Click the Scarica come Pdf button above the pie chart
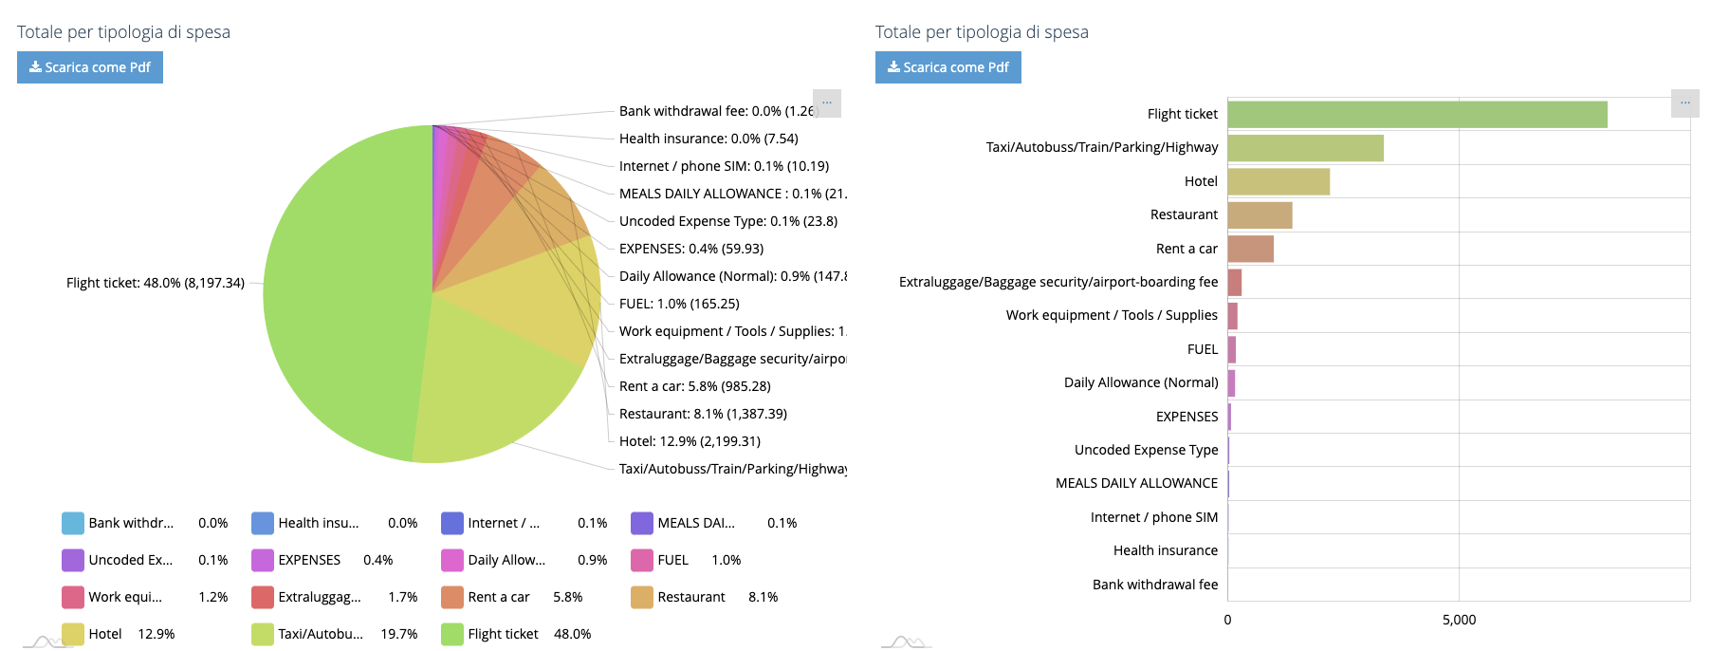coord(90,67)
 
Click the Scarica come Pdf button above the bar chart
coord(947,67)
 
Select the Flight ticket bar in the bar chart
coord(1417,115)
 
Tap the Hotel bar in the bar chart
coord(1279,181)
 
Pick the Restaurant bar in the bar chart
coord(1260,215)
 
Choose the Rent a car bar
coord(1250,249)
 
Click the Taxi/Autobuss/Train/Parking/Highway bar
coord(1305,148)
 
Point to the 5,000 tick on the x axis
coord(1459,620)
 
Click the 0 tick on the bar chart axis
coord(1227,620)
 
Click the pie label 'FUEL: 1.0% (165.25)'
coord(679,304)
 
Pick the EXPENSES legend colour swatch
coord(263,560)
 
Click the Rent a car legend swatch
coord(452,597)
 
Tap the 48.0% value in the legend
coord(572,634)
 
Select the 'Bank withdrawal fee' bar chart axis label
coord(1154,585)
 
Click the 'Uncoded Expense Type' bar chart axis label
coord(1146,450)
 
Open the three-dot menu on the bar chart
coord(1684,102)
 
